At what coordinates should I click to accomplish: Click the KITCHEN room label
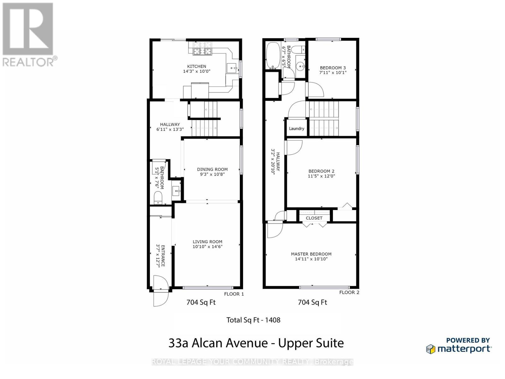click(x=197, y=66)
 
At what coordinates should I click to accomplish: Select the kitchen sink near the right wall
click(x=232, y=67)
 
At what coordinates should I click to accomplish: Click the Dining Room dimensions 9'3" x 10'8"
click(x=212, y=174)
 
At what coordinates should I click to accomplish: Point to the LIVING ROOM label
click(x=207, y=242)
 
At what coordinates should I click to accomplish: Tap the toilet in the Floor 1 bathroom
click(x=158, y=198)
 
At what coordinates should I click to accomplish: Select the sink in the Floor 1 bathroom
click(x=176, y=191)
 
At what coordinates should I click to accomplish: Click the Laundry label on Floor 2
click(x=296, y=129)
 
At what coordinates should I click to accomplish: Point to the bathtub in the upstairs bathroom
click(x=272, y=56)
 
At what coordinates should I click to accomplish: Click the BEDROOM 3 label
click(x=333, y=68)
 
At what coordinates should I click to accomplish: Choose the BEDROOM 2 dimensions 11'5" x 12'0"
click(x=321, y=176)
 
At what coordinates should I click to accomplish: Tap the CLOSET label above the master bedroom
click(x=314, y=218)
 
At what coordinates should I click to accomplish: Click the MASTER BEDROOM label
click(x=311, y=254)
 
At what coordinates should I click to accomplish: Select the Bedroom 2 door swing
click(x=294, y=148)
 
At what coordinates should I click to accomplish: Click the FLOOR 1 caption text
click(x=234, y=294)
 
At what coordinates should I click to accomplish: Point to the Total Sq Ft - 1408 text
click(x=253, y=320)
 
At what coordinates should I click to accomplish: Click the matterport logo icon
click(x=431, y=349)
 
